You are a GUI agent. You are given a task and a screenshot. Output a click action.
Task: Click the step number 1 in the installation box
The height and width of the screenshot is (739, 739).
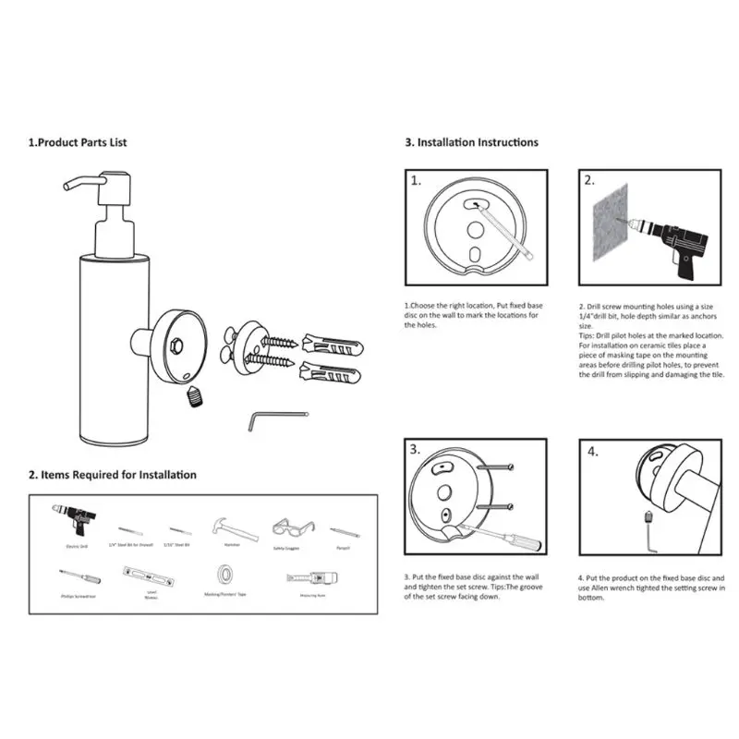coord(417,180)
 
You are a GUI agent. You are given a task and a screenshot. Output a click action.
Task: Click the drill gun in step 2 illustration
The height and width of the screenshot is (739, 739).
coord(679,238)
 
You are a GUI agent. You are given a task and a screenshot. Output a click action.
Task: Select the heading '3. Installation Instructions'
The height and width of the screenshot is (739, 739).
coord(471,142)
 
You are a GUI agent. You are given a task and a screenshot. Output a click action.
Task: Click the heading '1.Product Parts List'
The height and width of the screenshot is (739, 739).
coord(78,142)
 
